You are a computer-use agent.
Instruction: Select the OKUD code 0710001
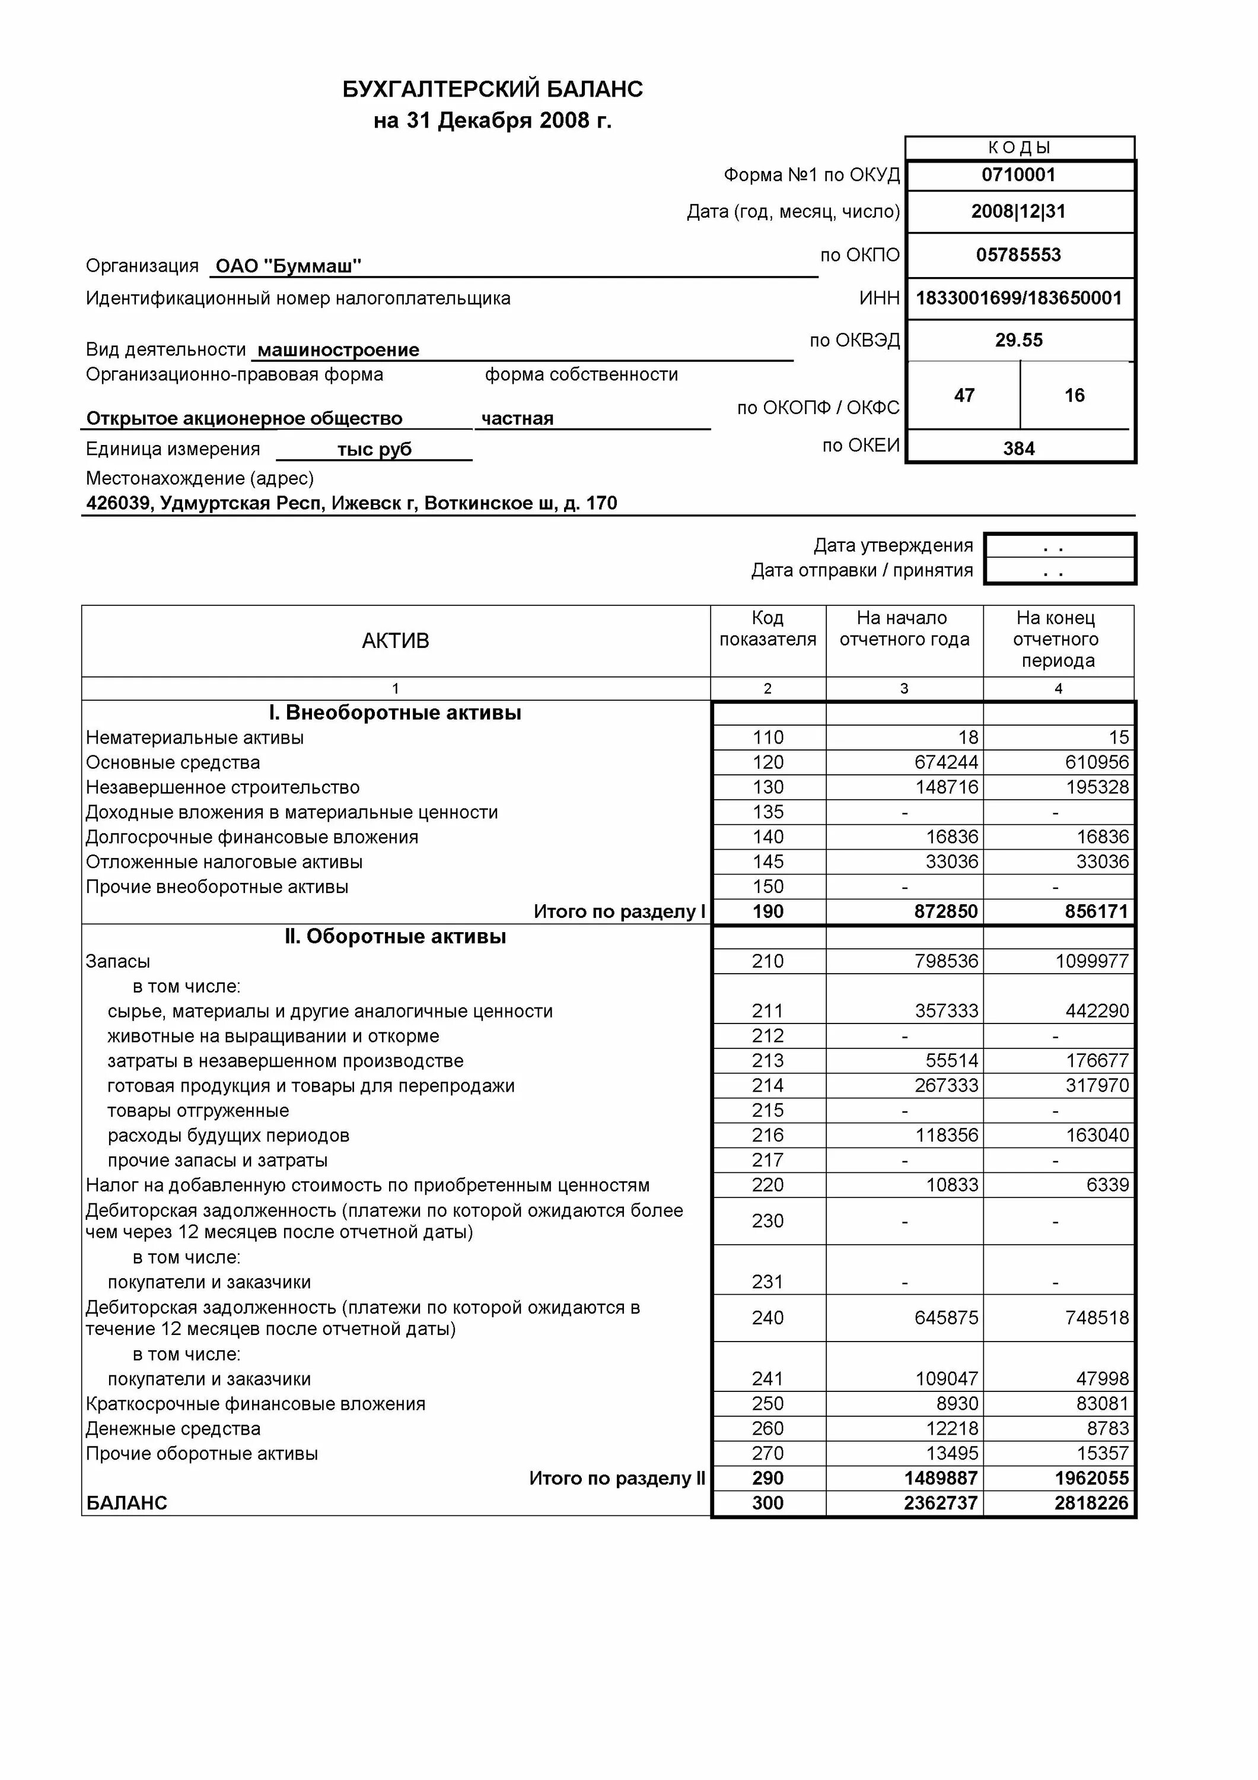(x=1018, y=174)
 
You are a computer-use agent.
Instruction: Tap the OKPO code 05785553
(x=1018, y=255)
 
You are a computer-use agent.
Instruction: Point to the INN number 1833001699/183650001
(x=1018, y=298)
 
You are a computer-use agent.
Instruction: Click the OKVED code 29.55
(x=1018, y=341)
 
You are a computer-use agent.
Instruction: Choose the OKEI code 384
(x=1018, y=449)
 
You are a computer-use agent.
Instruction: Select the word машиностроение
(x=338, y=351)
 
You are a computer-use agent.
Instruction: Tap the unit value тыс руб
(x=374, y=450)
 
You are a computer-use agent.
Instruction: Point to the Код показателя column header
(x=767, y=629)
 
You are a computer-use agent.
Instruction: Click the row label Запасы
(x=118, y=962)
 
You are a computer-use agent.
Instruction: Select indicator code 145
(x=767, y=862)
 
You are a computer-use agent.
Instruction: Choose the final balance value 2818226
(x=1091, y=1504)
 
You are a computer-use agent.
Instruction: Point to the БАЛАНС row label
(x=126, y=1504)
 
